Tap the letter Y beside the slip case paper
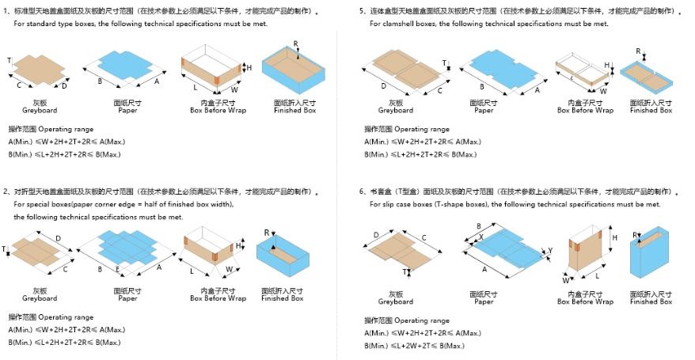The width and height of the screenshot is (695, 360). (x=551, y=251)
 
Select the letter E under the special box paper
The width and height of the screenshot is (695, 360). (x=117, y=269)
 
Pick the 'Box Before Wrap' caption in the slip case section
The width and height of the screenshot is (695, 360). (x=585, y=301)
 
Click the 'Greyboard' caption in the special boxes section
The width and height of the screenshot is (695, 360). (x=40, y=298)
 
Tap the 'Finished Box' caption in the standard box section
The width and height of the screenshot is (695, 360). (x=293, y=110)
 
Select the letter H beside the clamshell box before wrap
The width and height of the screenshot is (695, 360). (x=607, y=65)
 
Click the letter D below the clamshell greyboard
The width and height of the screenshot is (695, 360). (x=383, y=86)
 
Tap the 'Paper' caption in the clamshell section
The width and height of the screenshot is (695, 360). (x=484, y=110)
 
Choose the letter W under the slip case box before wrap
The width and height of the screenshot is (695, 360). (x=565, y=279)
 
